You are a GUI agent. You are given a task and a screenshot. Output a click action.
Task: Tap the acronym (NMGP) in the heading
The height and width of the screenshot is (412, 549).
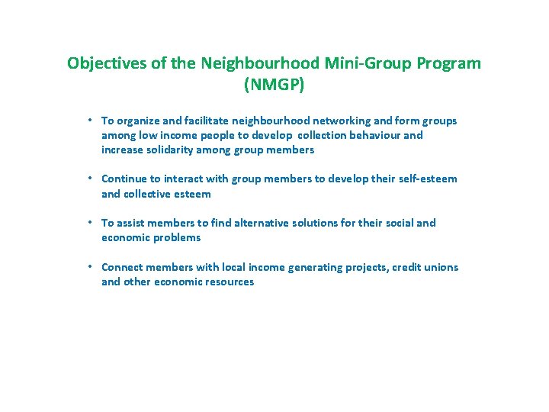pos(274,85)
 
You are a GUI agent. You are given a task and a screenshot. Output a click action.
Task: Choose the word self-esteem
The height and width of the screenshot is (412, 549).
pos(427,179)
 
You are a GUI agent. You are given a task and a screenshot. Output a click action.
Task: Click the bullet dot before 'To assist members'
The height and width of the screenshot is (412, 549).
pos(90,222)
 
